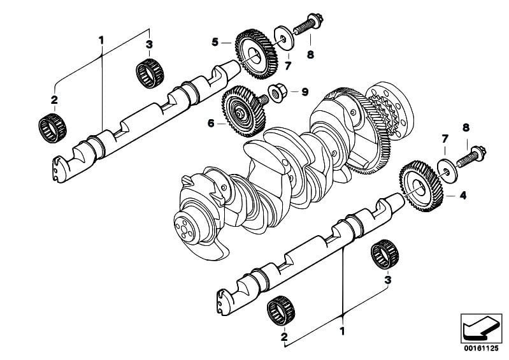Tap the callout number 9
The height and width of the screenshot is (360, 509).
tap(305, 92)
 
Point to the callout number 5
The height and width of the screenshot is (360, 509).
tap(215, 42)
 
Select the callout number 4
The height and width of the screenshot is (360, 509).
tap(463, 196)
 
